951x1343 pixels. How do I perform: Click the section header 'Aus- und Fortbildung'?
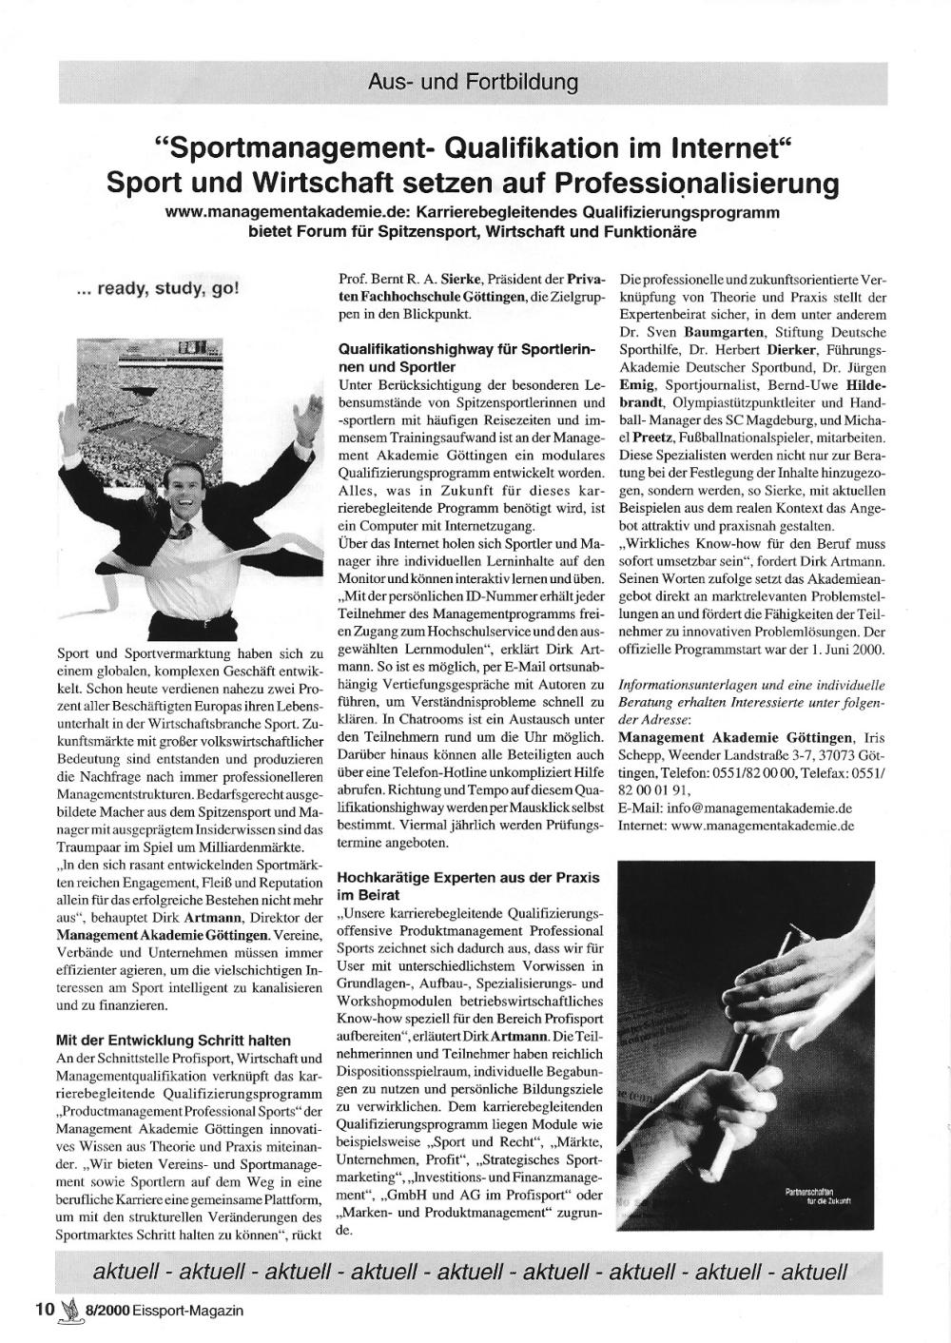(x=473, y=83)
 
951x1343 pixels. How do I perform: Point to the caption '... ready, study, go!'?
(x=158, y=288)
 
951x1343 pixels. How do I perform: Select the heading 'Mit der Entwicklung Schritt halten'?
(x=174, y=1041)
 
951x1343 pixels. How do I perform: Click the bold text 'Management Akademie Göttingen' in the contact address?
(x=735, y=737)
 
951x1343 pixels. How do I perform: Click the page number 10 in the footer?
(x=45, y=1309)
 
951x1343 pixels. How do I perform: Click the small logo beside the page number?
(x=68, y=1309)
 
